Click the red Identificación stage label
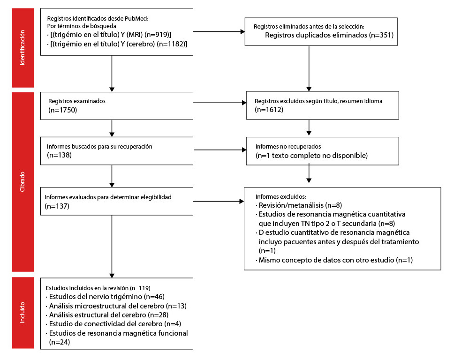coord(23,48)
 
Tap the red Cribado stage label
coord(23,182)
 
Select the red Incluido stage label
coord(23,313)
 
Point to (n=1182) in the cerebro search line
coord(170,44)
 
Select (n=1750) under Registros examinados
coord(62,110)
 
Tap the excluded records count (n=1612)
coord(269,110)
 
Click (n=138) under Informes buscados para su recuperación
coord(60,155)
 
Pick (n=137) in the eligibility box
coord(57,206)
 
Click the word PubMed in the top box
coord(136,19)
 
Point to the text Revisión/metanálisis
coord(291,205)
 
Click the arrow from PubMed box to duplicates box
coord(219,32)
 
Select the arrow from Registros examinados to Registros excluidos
coord(219,103)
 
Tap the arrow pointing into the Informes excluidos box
coord(219,202)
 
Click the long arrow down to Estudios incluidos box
coord(112,247)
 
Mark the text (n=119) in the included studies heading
coord(140,288)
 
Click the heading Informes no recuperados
coord(288,146)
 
